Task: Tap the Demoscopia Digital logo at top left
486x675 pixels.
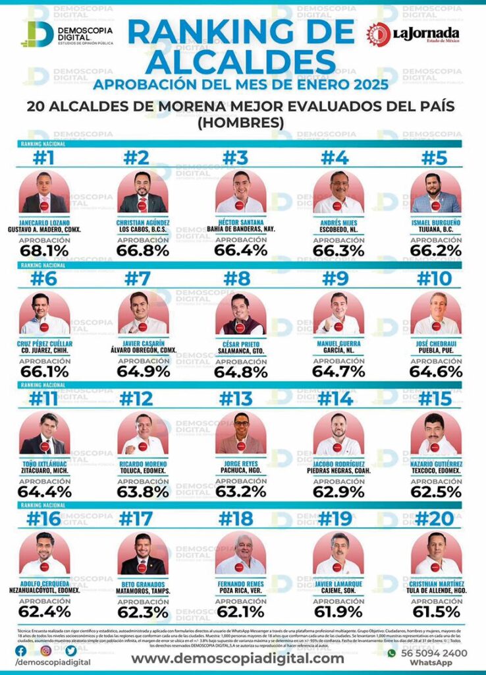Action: click(66, 34)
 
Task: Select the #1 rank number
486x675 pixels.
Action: click(44, 159)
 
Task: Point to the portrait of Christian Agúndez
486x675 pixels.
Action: click(143, 192)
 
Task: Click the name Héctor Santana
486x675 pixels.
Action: click(240, 222)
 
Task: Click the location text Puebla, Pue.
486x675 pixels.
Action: click(437, 350)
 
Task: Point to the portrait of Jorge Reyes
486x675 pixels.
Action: click(240, 434)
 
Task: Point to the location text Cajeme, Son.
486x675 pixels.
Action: click(338, 591)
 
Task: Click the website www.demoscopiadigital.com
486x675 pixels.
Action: click(237, 658)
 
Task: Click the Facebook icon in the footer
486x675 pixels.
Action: click(24, 651)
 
